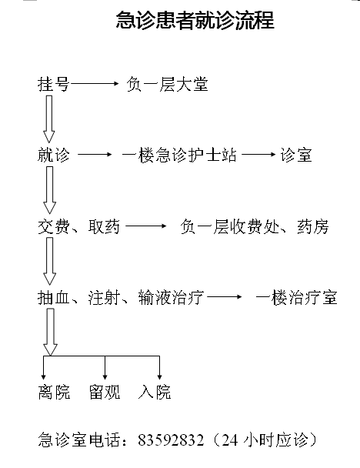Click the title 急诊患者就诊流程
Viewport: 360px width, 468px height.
pyautogui.click(x=195, y=20)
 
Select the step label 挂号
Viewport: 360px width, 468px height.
pyautogui.click(x=53, y=84)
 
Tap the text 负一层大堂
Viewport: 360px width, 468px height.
pyautogui.click(x=167, y=84)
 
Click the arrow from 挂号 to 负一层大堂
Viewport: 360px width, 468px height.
pyautogui.click(x=95, y=84)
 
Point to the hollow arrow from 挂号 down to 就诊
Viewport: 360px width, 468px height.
pyautogui.click(x=49, y=119)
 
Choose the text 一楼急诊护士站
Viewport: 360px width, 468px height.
pyautogui.click(x=179, y=155)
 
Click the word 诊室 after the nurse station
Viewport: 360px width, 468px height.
pyautogui.click(x=296, y=155)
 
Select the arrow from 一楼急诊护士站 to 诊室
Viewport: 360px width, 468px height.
pyautogui.click(x=258, y=154)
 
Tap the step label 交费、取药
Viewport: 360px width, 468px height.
pyautogui.click(x=78, y=226)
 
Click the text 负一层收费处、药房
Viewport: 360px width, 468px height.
pyautogui.click(x=255, y=226)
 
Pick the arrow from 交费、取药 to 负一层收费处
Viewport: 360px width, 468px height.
pyautogui.click(x=146, y=226)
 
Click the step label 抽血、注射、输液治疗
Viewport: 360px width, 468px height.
pyautogui.click(x=121, y=298)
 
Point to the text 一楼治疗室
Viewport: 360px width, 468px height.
pyautogui.click(x=296, y=298)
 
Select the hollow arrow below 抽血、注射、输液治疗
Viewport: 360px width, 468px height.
pyautogui.click(x=50, y=332)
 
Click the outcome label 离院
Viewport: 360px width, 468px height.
pyautogui.click(x=54, y=392)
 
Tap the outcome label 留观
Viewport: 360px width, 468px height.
pyautogui.click(x=105, y=392)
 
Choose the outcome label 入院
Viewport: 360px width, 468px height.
pyautogui.click(x=155, y=392)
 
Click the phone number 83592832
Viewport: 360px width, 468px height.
pyautogui.click(x=171, y=440)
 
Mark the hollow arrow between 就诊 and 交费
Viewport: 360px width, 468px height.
pyautogui.click(x=49, y=190)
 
